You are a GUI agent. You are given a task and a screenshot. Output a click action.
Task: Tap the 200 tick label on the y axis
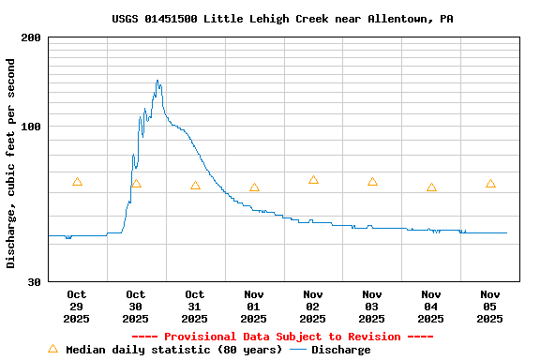(x=31, y=37)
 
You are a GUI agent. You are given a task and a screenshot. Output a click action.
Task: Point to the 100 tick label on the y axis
(x=31, y=127)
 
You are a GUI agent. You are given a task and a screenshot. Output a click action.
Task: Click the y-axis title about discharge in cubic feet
(x=11, y=163)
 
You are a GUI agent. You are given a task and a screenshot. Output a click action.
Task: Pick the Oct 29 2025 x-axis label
(x=77, y=307)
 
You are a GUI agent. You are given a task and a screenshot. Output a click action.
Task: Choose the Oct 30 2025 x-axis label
(x=136, y=307)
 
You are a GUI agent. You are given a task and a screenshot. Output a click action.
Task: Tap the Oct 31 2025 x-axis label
(x=195, y=307)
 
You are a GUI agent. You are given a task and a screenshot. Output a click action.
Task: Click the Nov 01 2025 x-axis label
(x=254, y=307)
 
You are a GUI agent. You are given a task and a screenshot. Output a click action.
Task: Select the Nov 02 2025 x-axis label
(x=313, y=307)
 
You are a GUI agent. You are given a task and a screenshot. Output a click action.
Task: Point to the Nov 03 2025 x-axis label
(x=372, y=307)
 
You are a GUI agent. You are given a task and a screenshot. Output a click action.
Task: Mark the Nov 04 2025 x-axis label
(x=431, y=307)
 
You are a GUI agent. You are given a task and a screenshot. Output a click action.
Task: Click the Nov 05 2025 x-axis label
(x=490, y=307)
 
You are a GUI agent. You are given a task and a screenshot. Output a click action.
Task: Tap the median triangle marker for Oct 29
(x=77, y=182)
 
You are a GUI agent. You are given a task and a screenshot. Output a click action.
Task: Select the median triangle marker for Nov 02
(x=313, y=180)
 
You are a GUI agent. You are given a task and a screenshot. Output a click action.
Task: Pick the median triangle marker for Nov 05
(x=490, y=184)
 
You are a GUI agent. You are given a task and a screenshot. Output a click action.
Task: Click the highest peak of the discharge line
(x=157, y=81)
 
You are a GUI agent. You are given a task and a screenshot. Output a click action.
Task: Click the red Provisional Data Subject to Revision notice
(x=282, y=337)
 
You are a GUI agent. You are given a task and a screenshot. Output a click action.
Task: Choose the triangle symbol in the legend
(x=52, y=349)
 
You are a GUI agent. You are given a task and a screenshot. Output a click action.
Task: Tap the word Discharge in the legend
(x=340, y=350)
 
